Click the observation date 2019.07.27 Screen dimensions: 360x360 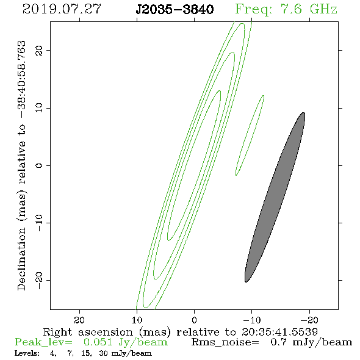(62, 9)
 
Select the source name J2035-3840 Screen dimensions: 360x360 (175, 9)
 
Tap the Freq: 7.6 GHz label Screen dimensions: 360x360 (286, 9)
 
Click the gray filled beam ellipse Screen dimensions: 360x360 (275, 197)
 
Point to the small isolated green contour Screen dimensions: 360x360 (250, 135)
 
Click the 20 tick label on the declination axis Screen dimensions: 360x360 (39, 50)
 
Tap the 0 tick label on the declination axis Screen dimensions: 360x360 (39, 165)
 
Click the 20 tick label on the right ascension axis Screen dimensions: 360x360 (79, 320)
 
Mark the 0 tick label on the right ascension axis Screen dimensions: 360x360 (194, 320)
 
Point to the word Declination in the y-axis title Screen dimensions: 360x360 (21, 259)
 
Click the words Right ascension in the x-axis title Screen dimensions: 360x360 (88, 332)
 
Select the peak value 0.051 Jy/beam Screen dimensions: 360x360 (126, 342)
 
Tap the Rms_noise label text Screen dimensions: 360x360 (225, 342)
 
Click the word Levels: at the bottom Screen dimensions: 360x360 (27, 353)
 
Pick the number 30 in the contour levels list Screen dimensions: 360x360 (103, 353)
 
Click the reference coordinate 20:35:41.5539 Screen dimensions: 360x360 (279, 332)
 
